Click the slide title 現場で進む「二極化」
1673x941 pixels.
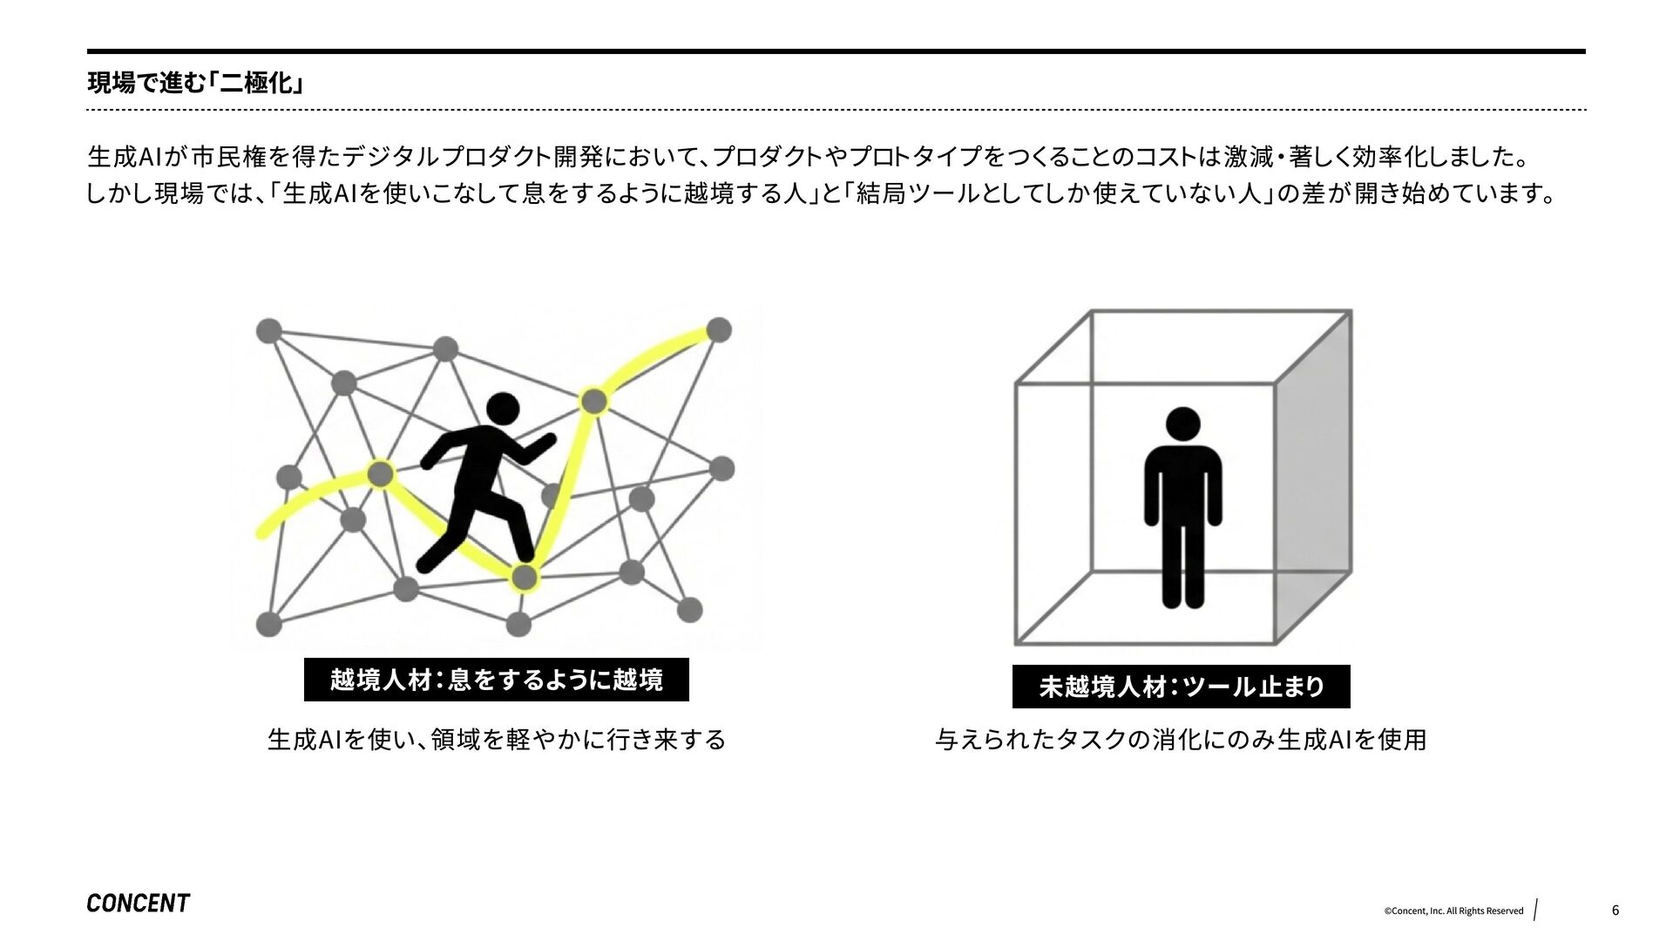point(196,84)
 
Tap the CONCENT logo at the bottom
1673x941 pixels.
point(138,904)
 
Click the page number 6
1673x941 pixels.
point(1615,911)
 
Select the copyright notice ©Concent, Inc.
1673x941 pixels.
point(1453,911)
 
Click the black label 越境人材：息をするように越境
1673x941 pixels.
point(496,680)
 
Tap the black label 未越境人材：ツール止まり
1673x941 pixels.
point(1181,687)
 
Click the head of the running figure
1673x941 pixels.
point(502,409)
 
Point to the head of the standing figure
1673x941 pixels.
point(1182,424)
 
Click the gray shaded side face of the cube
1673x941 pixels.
point(1314,488)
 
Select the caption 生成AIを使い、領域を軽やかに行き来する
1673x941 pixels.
point(496,740)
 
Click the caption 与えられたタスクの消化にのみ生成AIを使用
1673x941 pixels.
point(1181,740)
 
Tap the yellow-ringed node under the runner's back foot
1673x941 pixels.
point(524,577)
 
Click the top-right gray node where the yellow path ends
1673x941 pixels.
point(719,330)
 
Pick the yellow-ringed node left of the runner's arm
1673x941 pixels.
point(380,474)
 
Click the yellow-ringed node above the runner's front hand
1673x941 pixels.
point(593,402)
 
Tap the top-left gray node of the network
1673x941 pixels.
point(268,331)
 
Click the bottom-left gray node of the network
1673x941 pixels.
point(269,624)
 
